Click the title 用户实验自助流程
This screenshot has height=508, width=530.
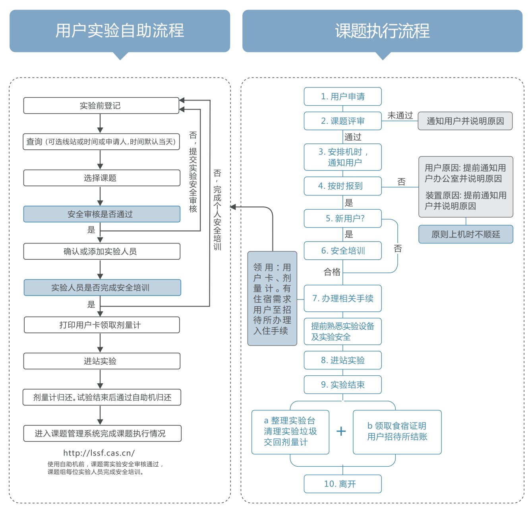120,31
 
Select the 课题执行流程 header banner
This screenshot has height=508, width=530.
382,31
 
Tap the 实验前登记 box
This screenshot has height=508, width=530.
101,106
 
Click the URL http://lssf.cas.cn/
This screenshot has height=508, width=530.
99,453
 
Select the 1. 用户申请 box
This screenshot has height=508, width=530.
342,97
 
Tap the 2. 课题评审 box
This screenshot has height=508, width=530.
342,121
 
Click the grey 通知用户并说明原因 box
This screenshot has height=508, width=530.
465,121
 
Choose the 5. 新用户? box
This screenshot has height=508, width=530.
342,218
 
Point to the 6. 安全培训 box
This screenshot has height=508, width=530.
342,251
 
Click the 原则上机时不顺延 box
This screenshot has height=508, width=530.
466,234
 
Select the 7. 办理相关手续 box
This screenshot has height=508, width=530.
342,298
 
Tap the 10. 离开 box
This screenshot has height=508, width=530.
342,484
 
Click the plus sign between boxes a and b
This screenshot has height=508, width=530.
341,431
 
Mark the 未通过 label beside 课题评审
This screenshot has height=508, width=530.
400,115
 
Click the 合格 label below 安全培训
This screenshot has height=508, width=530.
332,272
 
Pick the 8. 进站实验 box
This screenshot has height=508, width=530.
342,360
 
